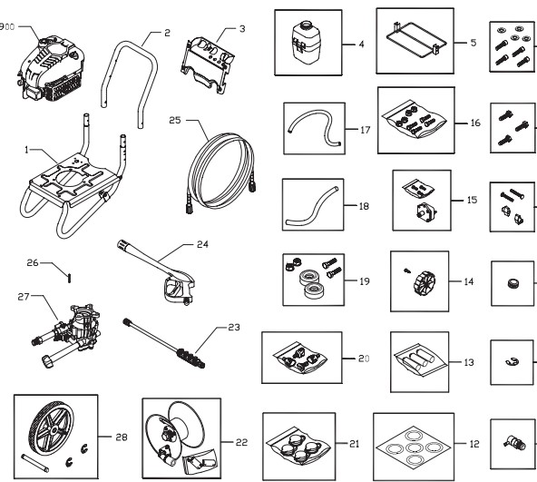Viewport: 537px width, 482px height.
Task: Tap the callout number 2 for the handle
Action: click(x=168, y=34)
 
